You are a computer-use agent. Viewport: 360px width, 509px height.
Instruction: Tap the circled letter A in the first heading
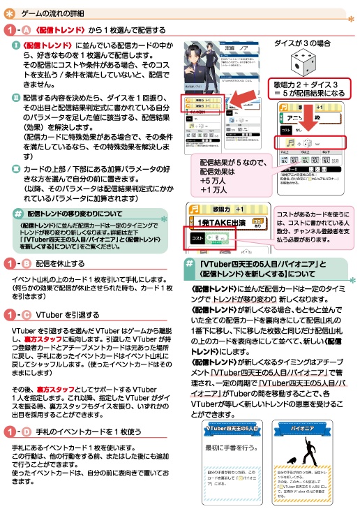tap(27, 30)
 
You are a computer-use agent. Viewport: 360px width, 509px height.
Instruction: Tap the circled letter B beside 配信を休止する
tap(27, 263)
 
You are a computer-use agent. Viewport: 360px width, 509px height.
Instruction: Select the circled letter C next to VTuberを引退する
tap(27, 314)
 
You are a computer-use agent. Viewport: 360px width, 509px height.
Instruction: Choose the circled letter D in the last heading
tap(27, 431)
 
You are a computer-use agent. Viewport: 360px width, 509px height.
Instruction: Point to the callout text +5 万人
tap(212, 180)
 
